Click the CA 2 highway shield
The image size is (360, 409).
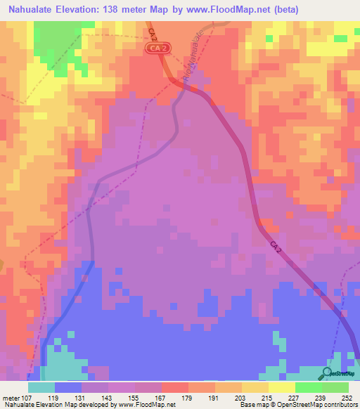click(159, 48)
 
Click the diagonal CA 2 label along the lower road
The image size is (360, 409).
click(278, 249)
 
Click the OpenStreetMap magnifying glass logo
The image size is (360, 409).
click(328, 372)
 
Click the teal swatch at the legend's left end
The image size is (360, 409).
click(41, 387)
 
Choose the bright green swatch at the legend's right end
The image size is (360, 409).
click(335, 387)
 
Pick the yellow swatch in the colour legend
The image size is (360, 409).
click(255, 387)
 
